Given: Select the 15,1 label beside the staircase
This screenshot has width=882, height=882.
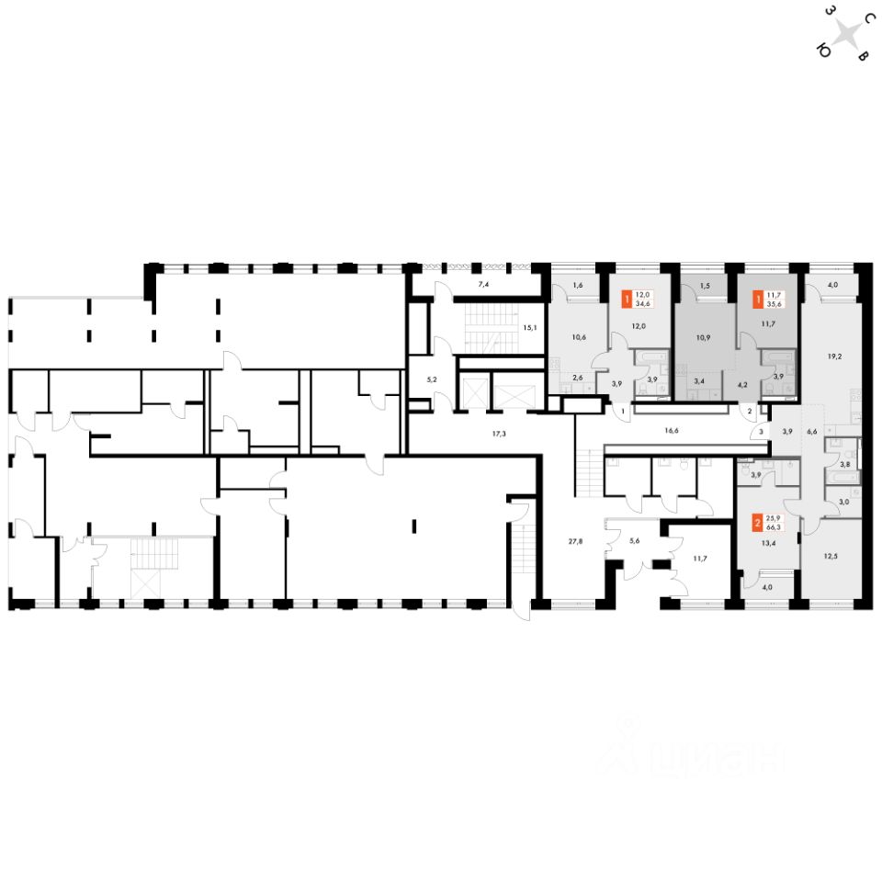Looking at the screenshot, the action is pos(528,326).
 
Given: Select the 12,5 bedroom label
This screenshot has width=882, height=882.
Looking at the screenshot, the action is pos(830,555).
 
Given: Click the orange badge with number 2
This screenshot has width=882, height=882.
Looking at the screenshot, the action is pos(757,523).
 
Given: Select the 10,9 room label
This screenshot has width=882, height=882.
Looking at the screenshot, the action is pos(704,337).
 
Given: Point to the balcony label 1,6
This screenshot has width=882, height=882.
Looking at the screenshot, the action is pos(577,286).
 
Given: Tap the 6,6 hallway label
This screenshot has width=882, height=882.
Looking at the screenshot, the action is pos(811,431).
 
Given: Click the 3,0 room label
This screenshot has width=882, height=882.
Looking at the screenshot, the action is pos(843,502).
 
